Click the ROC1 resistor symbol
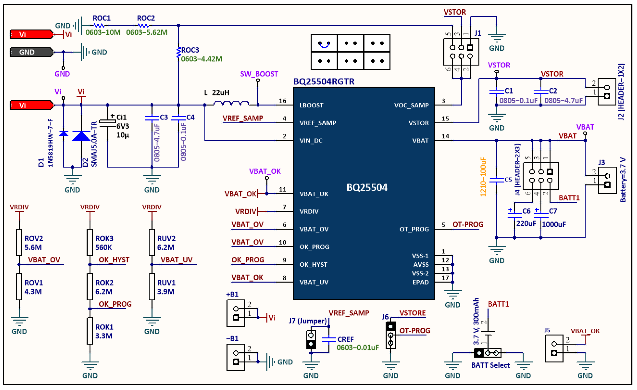(99, 25)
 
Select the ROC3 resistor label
(190, 50)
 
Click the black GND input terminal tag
(31, 52)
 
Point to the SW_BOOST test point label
(259, 74)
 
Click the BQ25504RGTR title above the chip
(324, 82)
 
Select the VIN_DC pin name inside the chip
(311, 141)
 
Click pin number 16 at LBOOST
(282, 101)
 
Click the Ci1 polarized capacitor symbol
(108, 123)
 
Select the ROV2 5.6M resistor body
(19, 242)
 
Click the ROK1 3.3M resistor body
(90, 331)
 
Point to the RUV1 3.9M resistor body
(152, 286)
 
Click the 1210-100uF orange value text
(483, 177)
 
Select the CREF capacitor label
(345, 339)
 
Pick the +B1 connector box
(236, 313)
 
